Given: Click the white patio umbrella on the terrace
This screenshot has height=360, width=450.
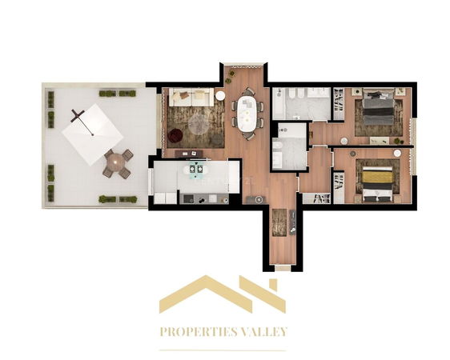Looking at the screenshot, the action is [x=92, y=134].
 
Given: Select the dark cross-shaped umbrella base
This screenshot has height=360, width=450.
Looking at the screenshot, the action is [x=78, y=115].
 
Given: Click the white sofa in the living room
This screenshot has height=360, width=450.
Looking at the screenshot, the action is [x=191, y=97].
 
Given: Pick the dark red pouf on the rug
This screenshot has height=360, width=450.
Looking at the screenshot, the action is [x=175, y=135].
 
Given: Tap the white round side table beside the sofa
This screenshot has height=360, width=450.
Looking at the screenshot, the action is [x=220, y=96].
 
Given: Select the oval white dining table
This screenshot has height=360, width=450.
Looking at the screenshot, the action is [x=247, y=114].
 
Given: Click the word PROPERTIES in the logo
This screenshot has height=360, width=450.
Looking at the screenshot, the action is [x=199, y=332].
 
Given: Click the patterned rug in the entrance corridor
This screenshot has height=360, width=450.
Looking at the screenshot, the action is [x=279, y=222].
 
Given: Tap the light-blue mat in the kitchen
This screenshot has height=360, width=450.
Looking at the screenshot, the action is [x=197, y=169].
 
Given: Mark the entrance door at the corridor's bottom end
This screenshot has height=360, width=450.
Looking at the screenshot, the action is [x=283, y=268].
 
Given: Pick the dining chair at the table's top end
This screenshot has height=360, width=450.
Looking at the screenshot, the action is [x=247, y=92].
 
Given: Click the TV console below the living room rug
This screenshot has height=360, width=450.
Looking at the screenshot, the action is [x=189, y=154].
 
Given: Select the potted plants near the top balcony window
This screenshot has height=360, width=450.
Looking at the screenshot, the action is [x=230, y=76].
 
